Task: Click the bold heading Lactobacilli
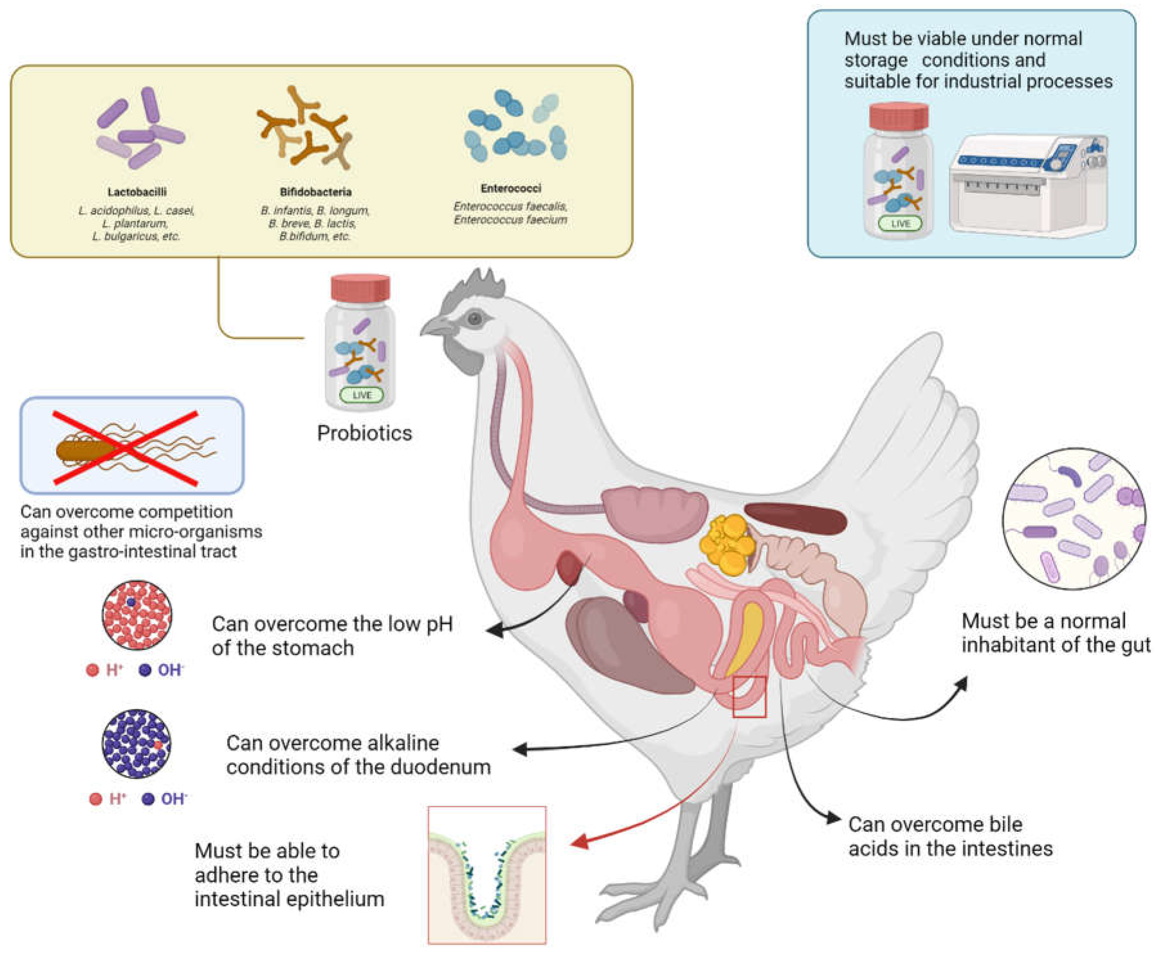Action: tap(136, 192)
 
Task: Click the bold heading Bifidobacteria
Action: tap(315, 192)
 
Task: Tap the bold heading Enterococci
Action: tap(511, 188)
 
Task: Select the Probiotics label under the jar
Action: tap(364, 433)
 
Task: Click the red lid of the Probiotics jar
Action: tap(360, 288)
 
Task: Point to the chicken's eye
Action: tap(475, 318)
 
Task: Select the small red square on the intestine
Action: tap(749, 697)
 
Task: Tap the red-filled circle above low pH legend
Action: tap(136, 615)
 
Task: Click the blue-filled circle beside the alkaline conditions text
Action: tap(136, 743)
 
